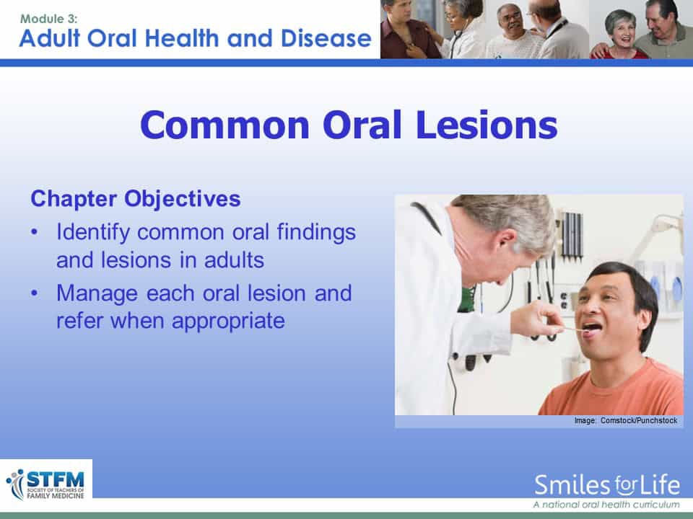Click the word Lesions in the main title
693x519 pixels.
coord(486,125)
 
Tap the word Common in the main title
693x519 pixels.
coord(225,125)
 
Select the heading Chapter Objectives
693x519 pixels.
coord(136,199)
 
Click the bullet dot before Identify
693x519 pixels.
coord(35,232)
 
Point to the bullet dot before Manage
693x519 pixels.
coord(35,293)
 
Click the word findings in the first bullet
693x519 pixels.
coord(316,232)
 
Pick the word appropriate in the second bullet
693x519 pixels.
coord(229,321)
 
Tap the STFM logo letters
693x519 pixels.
coord(56,479)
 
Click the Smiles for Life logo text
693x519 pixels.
coord(607,485)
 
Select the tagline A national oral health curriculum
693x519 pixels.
coord(606,505)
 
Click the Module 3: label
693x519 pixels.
coord(49,19)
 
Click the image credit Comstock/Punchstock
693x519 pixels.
coord(639,420)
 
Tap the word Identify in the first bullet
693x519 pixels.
coord(93,232)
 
